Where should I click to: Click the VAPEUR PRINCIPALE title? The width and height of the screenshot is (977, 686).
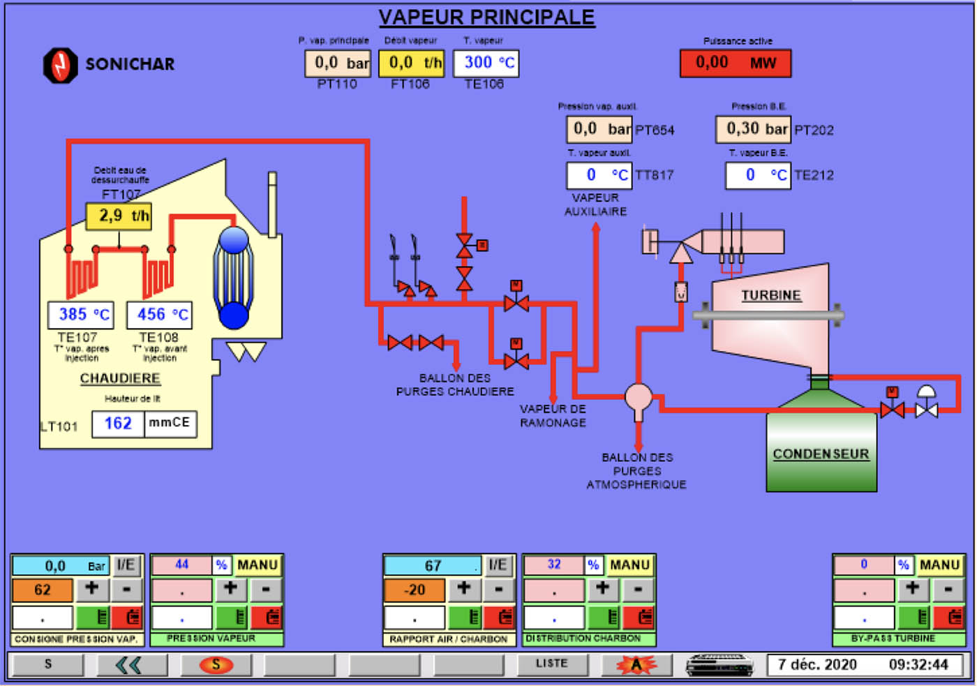pos(486,17)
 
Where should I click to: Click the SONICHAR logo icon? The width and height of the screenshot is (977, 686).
pos(60,64)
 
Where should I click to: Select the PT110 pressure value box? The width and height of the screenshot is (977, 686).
pos(338,64)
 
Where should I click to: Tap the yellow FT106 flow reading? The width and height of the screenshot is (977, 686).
pos(412,64)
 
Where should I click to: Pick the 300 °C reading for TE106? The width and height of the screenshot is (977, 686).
pos(486,64)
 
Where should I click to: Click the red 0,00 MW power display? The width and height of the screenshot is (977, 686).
pos(736,64)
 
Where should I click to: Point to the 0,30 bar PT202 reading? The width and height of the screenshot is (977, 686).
pos(753,129)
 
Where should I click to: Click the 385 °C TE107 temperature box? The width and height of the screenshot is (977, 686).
pos(81,315)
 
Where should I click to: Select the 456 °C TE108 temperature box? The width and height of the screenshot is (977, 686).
pos(160,315)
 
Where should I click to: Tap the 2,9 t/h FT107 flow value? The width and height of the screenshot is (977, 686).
pos(119,216)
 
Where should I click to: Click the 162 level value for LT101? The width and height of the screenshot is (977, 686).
pos(118,424)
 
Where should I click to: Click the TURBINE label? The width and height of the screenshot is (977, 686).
pos(770,296)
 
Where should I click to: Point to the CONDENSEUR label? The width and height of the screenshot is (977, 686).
pos(821,454)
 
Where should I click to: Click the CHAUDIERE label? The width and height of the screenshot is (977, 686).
pos(120,378)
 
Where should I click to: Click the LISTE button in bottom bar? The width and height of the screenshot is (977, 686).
pos(551,664)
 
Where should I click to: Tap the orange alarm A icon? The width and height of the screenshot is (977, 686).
pos(636,664)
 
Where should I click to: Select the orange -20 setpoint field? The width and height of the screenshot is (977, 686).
pos(414,590)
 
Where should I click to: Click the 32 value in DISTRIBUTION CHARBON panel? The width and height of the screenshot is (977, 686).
pos(553,565)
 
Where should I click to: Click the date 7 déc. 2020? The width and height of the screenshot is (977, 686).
pos(817,664)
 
